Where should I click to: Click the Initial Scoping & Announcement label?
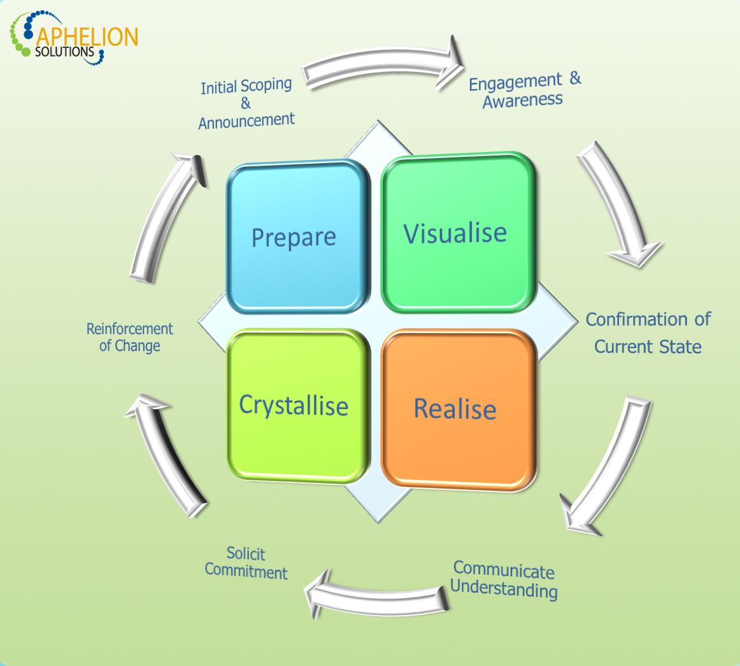[x=246, y=103]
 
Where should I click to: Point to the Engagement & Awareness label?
[x=524, y=90]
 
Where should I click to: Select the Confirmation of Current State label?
[x=648, y=333]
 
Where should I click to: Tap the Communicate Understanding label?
[x=504, y=579]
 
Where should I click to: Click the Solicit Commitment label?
[x=246, y=563]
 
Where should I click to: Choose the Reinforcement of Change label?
[x=130, y=337]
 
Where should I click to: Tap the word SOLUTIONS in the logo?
[x=64, y=52]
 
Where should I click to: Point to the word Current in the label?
[x=625, y=347]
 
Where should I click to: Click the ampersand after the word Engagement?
[x=575, y=78]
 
